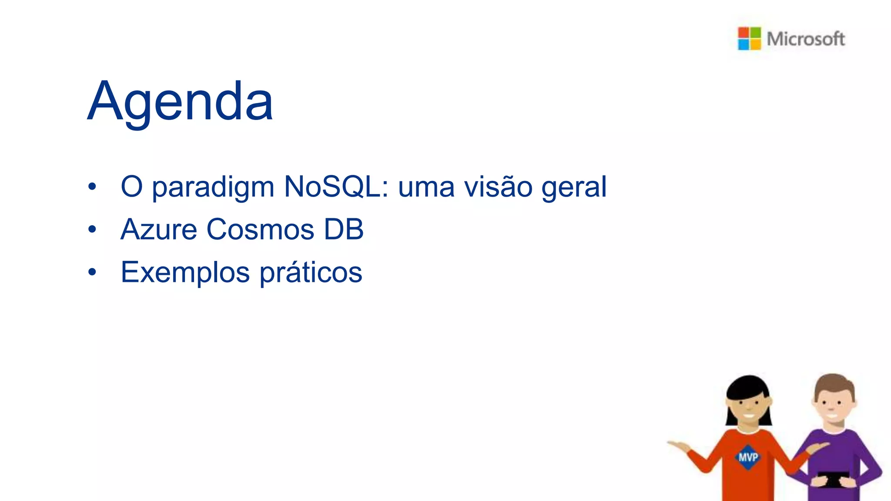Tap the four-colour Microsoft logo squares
point(749,38)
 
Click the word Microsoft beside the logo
point(806,39)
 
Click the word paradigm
point(213,188)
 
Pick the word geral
point(574,188)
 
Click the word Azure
point(159,230)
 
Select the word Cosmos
point(260,230)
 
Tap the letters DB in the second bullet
point(344,230)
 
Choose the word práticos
point(311,273)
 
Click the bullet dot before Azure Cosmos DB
point(92,229)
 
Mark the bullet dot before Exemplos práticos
point(92,272)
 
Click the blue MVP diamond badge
point(748,457)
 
